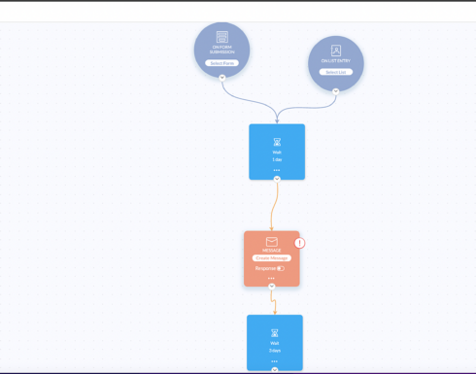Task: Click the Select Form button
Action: point(221,63)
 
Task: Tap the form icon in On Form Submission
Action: point(221,36)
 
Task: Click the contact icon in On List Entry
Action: point(336,50)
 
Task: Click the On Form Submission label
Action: point(221,51)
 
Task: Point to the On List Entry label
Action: point(335,61)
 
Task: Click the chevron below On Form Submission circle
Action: point(221,77)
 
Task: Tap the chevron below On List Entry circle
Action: point(335,91)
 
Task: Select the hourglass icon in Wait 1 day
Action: point(277,142)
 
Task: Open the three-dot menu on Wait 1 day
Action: point(277,169)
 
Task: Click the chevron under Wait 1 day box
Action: point(277,179)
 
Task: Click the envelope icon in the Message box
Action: point(272,241)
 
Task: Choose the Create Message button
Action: point(272,258)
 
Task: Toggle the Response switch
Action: point(281,268)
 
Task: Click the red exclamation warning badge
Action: point(299,242)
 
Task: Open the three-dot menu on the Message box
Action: point(272,278)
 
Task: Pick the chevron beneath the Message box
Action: point(272,287)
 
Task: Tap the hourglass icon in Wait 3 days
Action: point(275,333)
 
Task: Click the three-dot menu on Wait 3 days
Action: point(275,360)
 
